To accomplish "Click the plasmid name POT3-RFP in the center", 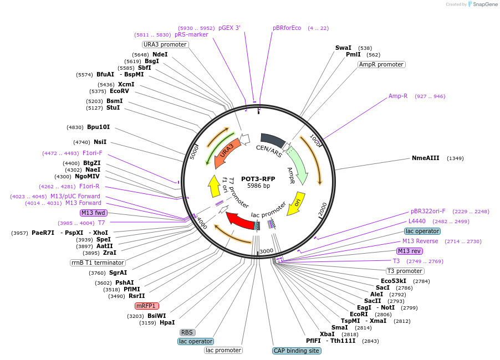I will [258, 179].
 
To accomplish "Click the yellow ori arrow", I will [298, 203].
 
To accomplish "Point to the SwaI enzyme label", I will [343, 48].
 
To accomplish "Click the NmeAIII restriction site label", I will [426, 158].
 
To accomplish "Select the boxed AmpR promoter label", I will [381, 64].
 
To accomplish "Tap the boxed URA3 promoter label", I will [165, 44].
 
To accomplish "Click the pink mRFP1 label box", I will [147, 306].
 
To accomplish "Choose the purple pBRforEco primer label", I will [287, 28].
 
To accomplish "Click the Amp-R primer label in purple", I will [398, 96].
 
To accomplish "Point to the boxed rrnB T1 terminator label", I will [98, 263].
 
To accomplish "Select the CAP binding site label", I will [297, 351].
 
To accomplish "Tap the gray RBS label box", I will [187, 332].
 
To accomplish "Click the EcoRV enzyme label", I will [119, 91].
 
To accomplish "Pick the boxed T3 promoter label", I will [405, 271].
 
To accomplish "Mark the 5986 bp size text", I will [258, 186].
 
